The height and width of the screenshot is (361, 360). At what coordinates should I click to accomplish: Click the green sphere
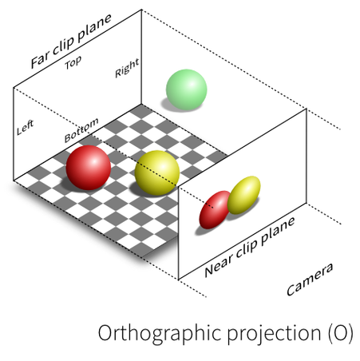186,89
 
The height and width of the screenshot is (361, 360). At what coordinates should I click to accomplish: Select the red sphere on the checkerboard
89,168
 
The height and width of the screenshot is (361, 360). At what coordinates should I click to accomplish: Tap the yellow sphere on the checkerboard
157,173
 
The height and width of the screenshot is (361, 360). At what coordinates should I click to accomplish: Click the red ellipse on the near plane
215,210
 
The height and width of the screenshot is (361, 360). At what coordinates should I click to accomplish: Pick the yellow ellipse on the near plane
243,195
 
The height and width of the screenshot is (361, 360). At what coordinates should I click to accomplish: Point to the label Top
73,63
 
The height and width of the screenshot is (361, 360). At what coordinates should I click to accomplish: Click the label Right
127,68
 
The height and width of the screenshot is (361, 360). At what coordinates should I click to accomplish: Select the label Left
25,127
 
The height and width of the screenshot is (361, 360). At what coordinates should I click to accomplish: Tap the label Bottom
81,130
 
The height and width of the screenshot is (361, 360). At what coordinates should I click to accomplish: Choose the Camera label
310,280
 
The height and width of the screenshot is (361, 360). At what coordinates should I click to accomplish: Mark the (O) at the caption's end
341,333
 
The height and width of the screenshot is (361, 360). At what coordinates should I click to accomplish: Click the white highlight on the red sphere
93,161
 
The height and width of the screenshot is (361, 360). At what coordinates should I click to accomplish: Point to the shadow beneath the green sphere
176,105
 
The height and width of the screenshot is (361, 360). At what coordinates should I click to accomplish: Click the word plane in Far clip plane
94,27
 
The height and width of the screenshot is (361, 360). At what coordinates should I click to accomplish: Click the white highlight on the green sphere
191,83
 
